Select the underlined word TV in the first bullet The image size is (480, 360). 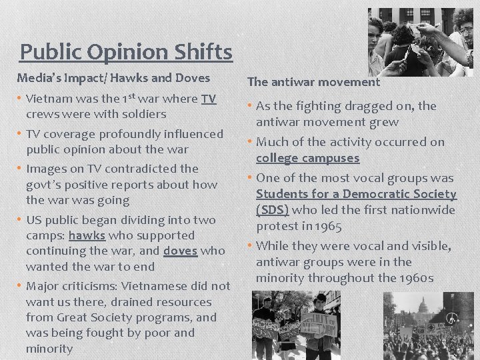[x=209, y=99]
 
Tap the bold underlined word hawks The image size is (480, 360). [x=87, y=235]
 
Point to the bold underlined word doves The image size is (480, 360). [x=179, y=251]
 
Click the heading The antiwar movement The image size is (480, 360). [x=313, y=82]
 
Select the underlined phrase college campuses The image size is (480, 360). [x=307, y=158]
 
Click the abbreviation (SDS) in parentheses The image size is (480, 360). [x=273, y=210]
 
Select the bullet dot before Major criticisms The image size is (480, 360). [x=21, y=286]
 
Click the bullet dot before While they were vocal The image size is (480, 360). [x=251, y=246]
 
